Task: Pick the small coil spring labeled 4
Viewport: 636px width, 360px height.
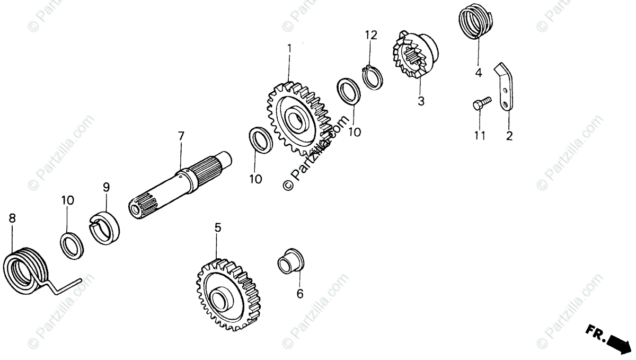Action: (x=475, y=21)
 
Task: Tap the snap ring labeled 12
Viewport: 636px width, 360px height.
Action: (x=373, y=77)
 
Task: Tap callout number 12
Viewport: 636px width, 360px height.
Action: (x=370, y=36)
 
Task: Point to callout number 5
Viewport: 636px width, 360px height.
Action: (x=217, y=228)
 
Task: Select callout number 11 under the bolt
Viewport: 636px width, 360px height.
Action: (x=480, y=136)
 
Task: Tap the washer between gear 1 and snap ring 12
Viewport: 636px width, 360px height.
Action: (x=349, y=91)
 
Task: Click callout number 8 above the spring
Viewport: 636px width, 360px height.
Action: (x=12, y=218)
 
